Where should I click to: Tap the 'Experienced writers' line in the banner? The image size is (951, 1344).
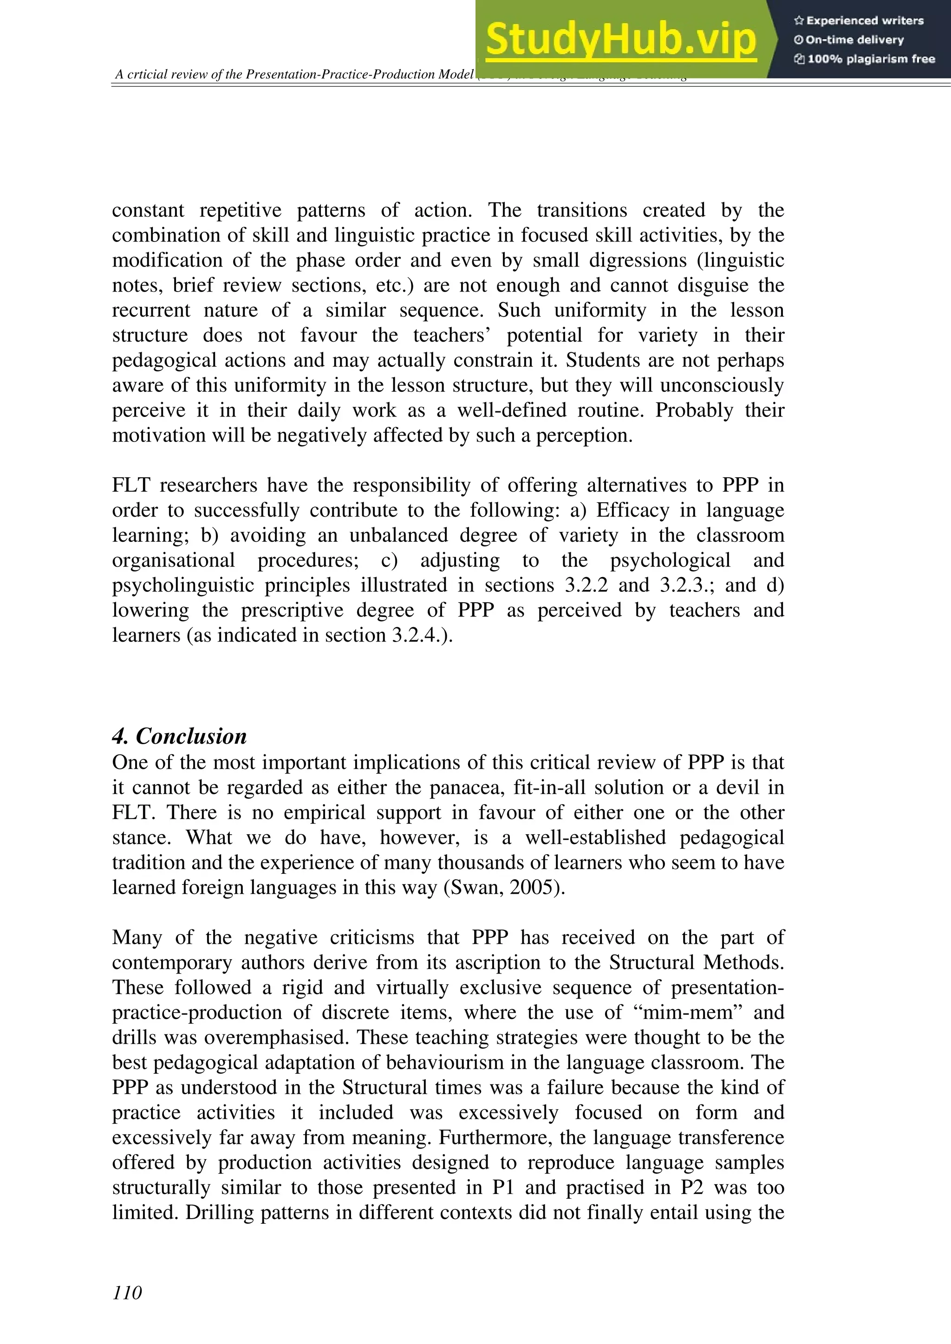(x=859, y=20)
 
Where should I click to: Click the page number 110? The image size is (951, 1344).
(x=127, y=1292)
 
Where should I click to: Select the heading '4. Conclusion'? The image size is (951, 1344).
(x=179, y=736)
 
